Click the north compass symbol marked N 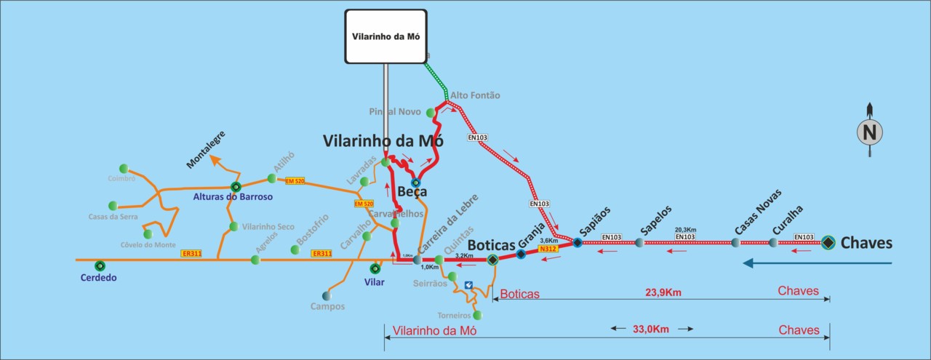pyautogui.click(x=868, y=132)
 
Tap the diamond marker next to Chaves pyautogui.click(x=828, y=243)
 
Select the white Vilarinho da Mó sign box pyautogui.click(x=385, y=36)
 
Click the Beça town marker pyautogui.click(x=415, y=183)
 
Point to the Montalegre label pyautogui.click(x=207, y=150)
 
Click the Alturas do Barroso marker pyautogui.click(x=234, y=186)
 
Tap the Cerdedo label pyautogui.click(x=98, y=277)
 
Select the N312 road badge pyautogui.click(x=548, y=249)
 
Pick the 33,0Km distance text pyautogui.click(x=651, y=329)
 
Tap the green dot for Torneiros pyautogui.click(x=478, y=315)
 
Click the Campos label pyautogui.click(x=327, y=306)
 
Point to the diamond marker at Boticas pyautogui.click(x=492, y=260)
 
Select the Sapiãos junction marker pyautogui.click(x=577, y=242)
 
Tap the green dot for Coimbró pyautogui.click(x=124, y=168)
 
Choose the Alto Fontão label pyautogui.click(x=475, y=95)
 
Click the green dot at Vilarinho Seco pyautogui.click(x=233, y=226)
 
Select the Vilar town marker pyautogui.click(x=375, y=268)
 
